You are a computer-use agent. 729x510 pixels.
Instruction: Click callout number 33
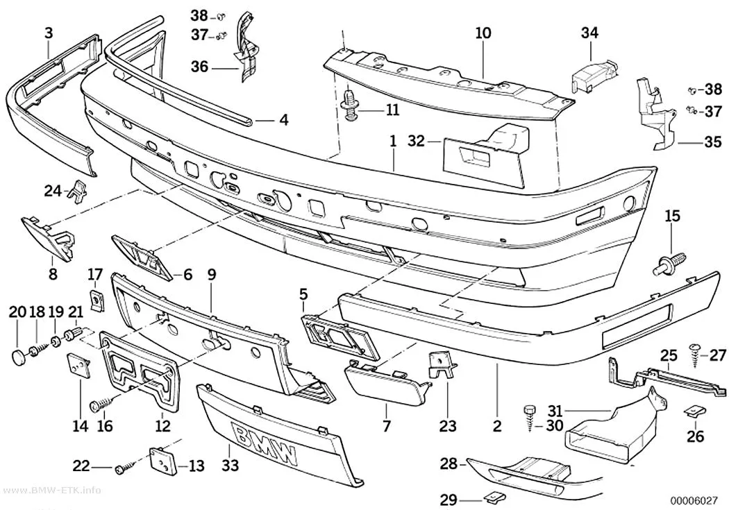(x=230, y=464)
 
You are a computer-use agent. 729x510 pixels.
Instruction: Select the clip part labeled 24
(x=78, y=189)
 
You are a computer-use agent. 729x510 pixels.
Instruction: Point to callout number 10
(x=483, y=33)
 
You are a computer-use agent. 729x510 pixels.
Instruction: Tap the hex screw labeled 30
(x=530, y=418)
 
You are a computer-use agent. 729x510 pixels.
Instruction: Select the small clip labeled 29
(x=490, y=498)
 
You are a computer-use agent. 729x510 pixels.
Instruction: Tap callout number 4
(x=284, y=120)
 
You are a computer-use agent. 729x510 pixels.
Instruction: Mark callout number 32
(x=417, y=140)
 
